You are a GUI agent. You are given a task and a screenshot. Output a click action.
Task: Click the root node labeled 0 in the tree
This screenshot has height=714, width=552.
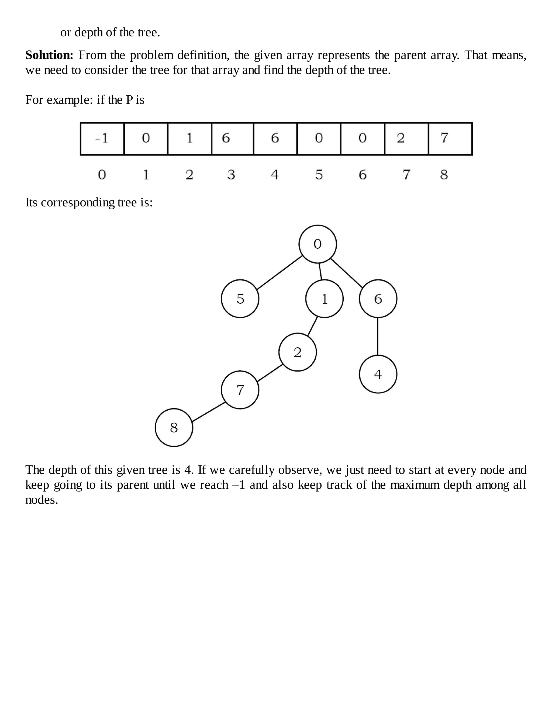(318, 244)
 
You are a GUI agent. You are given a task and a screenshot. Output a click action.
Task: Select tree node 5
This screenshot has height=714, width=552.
(240, 299)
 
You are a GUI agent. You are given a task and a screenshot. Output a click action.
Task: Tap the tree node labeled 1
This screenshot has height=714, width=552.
(325, 299)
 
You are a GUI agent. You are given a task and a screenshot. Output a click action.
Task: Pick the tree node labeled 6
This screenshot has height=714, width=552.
(378, 299)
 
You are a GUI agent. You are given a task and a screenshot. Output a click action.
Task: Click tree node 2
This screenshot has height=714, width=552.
(298, 352)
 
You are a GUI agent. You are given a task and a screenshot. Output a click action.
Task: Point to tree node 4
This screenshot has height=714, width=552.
(378, 374)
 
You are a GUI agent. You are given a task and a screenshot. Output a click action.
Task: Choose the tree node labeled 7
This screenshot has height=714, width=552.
(240, 390)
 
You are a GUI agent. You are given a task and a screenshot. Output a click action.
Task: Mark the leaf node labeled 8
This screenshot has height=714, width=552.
(174, 427)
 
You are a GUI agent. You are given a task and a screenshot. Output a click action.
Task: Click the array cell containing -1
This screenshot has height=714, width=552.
(102, 138)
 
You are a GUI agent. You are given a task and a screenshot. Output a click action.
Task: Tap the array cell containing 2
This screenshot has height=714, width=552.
(406, 138)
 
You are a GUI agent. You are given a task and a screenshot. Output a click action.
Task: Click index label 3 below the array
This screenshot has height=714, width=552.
(231, 175)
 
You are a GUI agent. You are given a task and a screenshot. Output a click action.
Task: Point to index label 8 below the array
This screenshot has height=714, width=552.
(444, 175)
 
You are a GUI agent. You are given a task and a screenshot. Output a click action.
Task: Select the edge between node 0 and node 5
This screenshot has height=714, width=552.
(280, 273)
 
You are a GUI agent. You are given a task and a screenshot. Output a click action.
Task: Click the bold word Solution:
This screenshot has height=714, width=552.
(49, 55)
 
